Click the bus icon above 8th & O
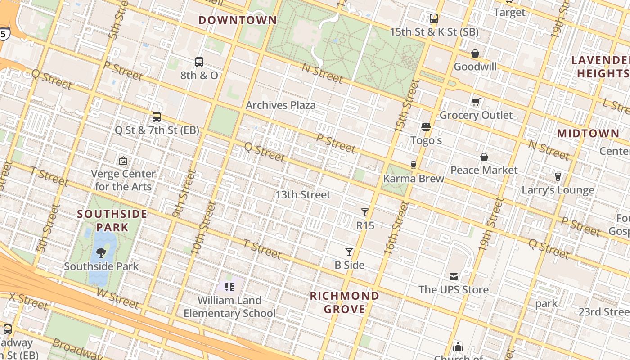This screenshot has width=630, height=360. pyautogui.click(x=199, y=62)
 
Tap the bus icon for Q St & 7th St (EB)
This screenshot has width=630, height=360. pyautogui.click(x=157, y=117)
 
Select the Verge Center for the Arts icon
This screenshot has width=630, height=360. pyautogui.click(x=123, y=161)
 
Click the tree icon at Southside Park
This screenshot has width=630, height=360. pyautogui.click(x=102, y=252)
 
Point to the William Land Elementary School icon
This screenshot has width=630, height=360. pyautogui.click(x=229, y=287)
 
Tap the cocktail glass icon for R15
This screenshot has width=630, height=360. pyautogui.click(x=365, y=212)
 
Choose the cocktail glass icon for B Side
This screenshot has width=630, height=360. pyautogui.click(x=349, y=252)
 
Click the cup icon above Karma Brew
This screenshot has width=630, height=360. pyautogui.click(x=413, y=165)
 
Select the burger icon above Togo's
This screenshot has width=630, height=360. pyautogui.click(x=426, y=127)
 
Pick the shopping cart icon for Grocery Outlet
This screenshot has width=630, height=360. pyautogui.click(x=476, y=102)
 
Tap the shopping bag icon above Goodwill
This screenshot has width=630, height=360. pyautogui.click(x=475, y=54)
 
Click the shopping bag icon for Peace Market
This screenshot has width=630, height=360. pyautogui.click(x=484, y=157)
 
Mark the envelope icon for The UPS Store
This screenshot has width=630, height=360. pyautogui.click(x=454, y=276)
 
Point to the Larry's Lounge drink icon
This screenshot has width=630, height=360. pyautogui.click(x=558, y=177)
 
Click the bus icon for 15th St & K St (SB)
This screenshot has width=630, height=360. pyautogui.click(x=434, y=18)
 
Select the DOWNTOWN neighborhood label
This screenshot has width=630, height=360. pyautogui.click(x=238, y=20)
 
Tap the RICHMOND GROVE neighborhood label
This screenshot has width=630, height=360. pyautogui.click(x=345, y=302)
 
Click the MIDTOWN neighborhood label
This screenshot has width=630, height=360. pyautogui.click(x=588, y=134)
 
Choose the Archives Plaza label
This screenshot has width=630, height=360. pyautogui.click(x=281, y=105)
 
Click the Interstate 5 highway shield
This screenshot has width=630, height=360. pyautogui.click(x=4, y=34)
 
